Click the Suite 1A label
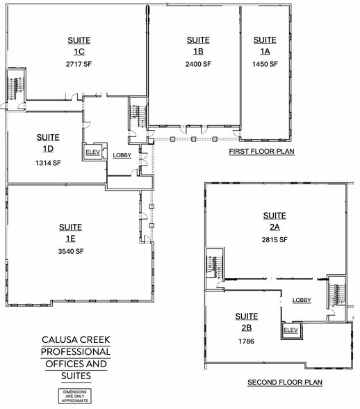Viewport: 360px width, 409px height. coord(265,45)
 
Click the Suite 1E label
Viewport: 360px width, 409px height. coord(70,232)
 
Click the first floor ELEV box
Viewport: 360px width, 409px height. coord(92,152)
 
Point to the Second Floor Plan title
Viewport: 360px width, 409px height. coord(284,383)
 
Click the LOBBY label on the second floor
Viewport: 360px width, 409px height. coord(302,300)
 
